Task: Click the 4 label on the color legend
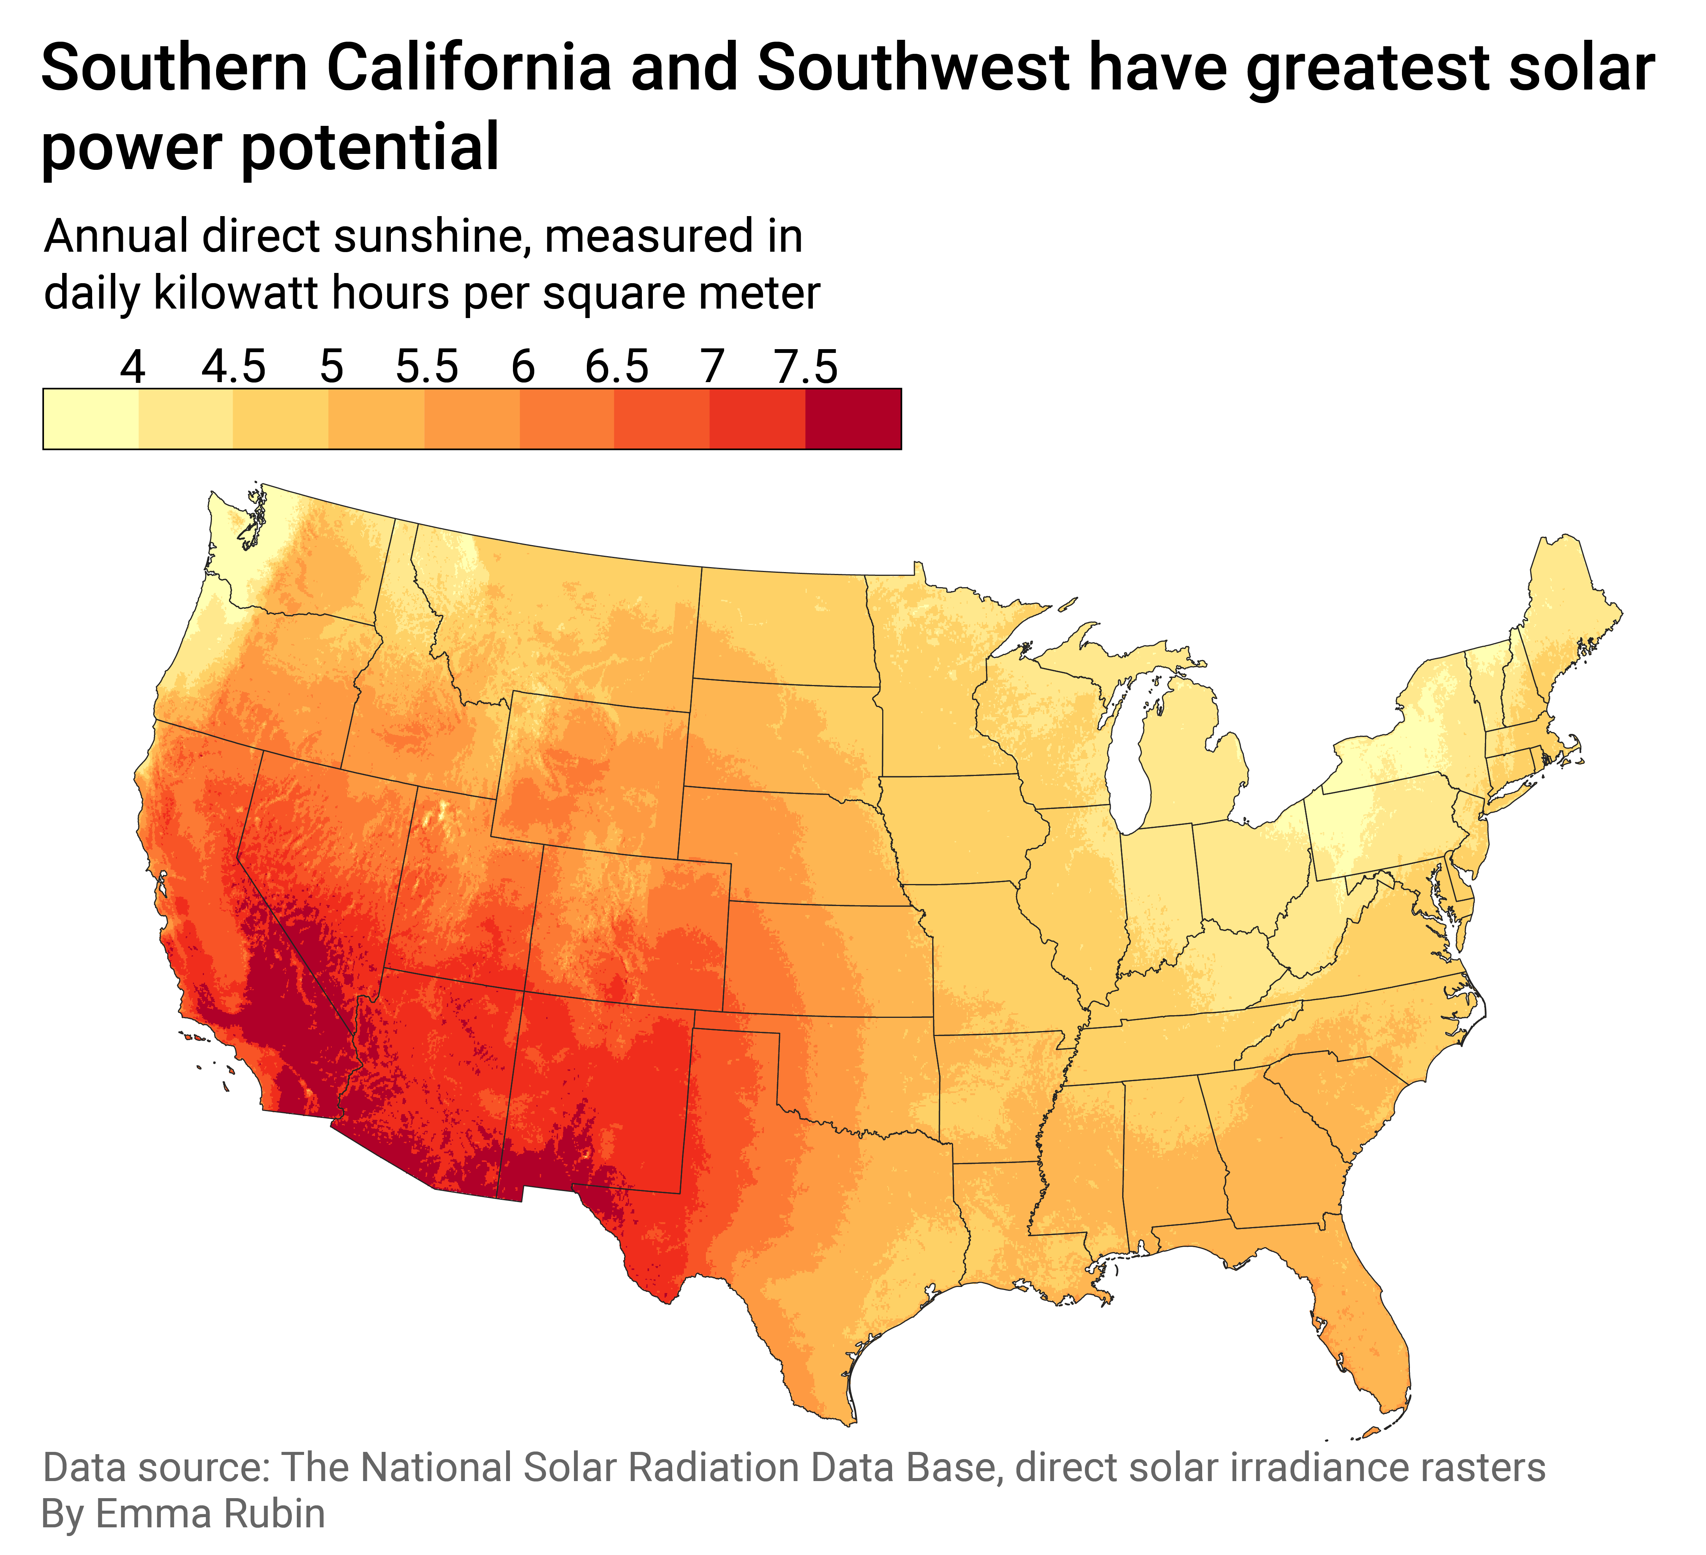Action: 133,367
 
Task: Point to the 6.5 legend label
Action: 617,367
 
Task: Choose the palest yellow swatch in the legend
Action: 91,419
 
